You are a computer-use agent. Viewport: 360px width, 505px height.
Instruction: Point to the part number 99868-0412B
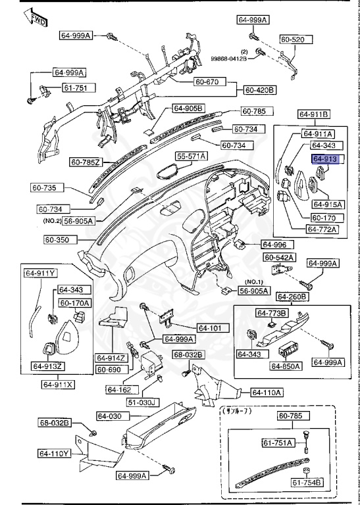tap(229, 59)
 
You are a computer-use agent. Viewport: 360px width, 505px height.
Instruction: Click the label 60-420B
tap(259, 89)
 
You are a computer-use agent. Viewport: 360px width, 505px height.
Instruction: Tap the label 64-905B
tap(189, 108)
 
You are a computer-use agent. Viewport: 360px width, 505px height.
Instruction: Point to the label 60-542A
tap(279, 256)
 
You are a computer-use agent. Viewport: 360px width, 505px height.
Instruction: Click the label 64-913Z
tap(48, 366)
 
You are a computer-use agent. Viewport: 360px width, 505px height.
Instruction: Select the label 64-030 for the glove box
tap(110, 416)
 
